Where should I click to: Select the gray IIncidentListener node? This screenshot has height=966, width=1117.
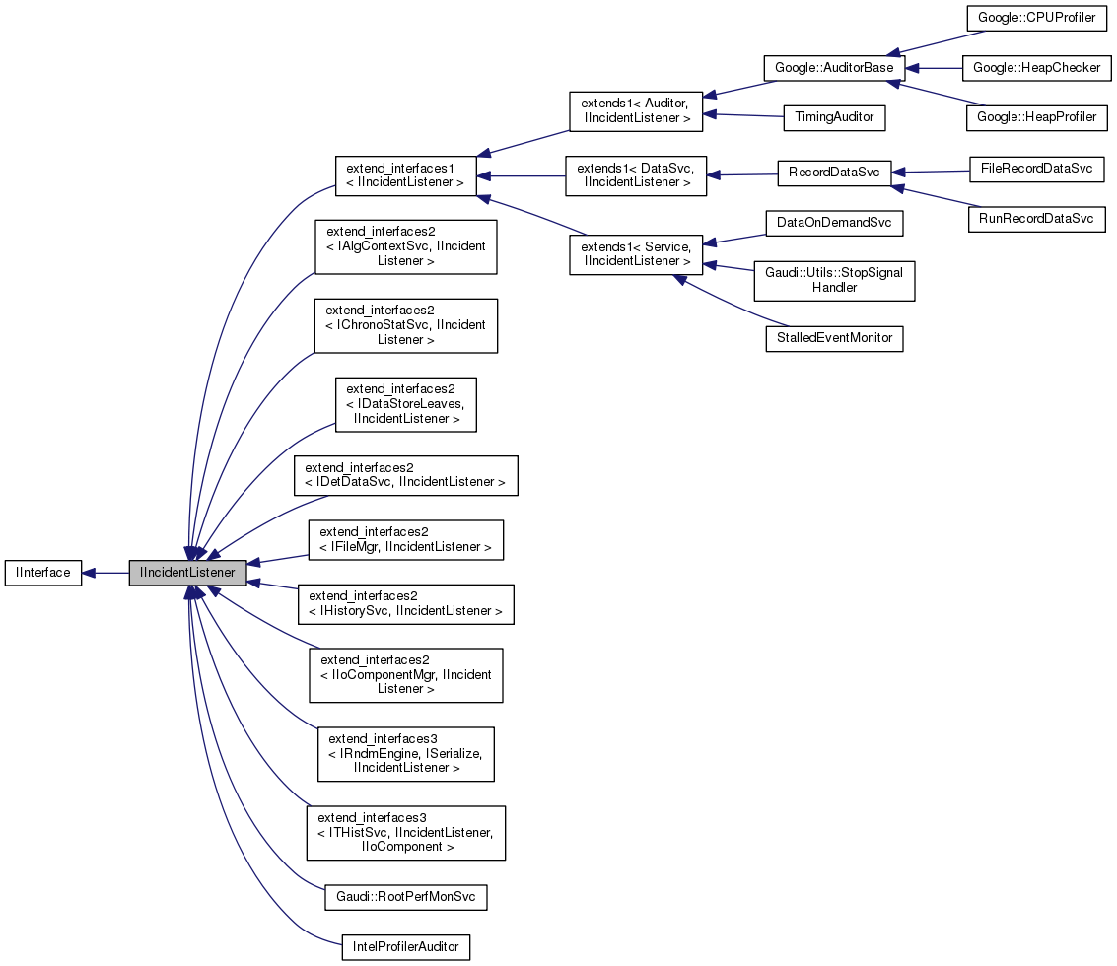187,572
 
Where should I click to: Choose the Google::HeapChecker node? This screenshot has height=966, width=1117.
1036,68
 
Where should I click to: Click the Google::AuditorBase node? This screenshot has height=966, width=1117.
834,68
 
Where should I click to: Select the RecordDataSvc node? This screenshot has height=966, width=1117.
834,172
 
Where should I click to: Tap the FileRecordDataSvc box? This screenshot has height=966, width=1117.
1036,168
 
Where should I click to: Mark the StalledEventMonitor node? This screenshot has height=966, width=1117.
834,337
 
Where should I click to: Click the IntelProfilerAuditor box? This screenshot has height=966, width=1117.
405,946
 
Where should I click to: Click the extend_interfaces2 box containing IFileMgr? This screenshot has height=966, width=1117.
405,540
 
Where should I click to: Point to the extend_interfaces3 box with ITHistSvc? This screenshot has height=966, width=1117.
405,832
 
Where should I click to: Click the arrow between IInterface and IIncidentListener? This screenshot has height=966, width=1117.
105,572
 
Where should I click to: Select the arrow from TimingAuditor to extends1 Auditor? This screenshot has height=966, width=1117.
743,115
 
